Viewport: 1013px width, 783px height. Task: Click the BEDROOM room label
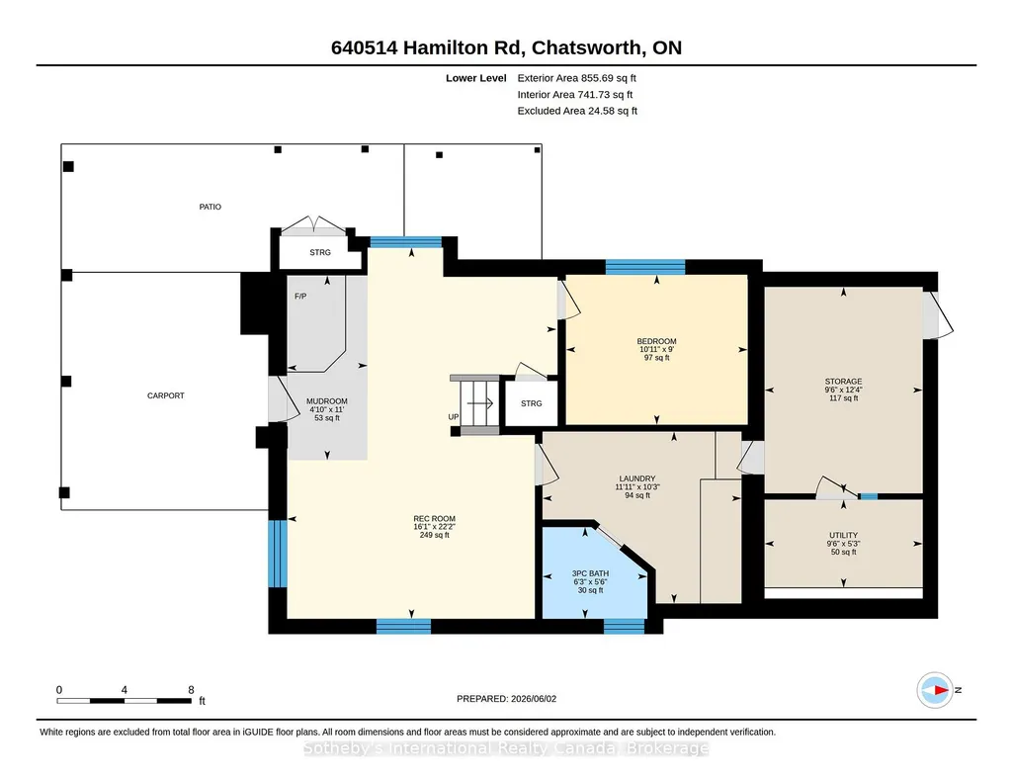click(656, 341)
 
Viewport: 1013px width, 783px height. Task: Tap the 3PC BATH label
click(590, 573)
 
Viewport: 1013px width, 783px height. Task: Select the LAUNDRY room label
click(637, 478)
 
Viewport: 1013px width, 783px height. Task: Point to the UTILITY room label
click(843, 535)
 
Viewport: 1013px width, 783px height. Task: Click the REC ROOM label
click(434, 518)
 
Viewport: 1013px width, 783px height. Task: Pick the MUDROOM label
click(327, 401)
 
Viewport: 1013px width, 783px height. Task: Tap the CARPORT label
click(166, 395)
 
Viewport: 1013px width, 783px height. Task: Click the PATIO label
click(210, 207)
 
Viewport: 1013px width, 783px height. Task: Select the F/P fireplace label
click(300, 297)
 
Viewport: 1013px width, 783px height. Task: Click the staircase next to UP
click(478, 403)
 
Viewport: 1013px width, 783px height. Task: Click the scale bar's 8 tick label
click(191, 690)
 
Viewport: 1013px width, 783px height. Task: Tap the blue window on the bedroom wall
click(644, 267)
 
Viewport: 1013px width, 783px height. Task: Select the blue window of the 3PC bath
click(624, 626)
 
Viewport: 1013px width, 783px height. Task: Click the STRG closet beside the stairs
click(531, 403)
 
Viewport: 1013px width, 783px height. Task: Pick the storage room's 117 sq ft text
click(843, 398)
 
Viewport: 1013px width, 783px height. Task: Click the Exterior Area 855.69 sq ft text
click(577, 78)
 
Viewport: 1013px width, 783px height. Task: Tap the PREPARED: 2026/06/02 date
click(506, 698)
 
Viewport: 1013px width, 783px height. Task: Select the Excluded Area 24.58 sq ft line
click(577, 111)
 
